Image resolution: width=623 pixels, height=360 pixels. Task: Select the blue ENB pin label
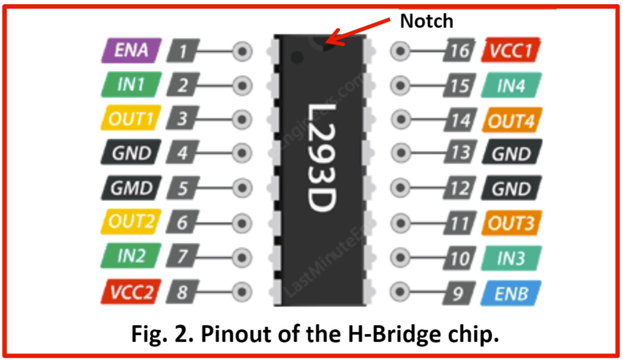512,293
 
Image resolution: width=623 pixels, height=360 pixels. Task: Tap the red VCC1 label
512,51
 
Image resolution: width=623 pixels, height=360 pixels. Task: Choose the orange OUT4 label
512,120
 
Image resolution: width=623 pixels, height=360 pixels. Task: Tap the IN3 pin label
512,258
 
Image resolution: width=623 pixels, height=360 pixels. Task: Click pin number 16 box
460,51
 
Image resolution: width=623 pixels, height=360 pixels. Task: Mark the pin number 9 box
459,293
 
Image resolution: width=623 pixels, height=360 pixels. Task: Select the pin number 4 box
182,154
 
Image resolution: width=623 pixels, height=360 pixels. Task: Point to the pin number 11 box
460,224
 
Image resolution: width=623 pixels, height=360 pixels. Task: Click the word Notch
427,21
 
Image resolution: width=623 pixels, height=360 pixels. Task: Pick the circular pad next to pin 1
242,51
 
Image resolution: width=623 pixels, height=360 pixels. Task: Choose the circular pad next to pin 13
400,154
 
